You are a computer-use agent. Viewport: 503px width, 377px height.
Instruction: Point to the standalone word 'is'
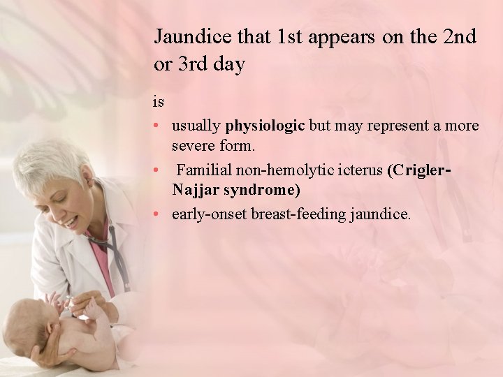159,102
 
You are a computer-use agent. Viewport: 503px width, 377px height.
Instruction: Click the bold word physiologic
265,126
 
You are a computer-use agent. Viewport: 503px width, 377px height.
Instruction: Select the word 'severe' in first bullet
193,147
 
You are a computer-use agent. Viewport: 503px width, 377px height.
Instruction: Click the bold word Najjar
194,190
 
